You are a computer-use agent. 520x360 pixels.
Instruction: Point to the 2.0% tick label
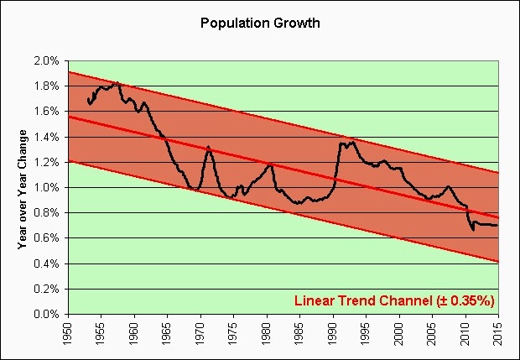click(x=47, y=61)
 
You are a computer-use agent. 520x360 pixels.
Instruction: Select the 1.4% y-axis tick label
click(x=47, y=138)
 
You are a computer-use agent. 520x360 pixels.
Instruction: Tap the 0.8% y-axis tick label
click(x=47, y=213)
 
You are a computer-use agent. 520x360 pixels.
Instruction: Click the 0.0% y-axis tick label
click(x=47, y=315)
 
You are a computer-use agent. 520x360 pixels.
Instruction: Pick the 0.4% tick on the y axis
click(x=47, y=264)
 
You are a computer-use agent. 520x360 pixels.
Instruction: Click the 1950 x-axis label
click(x=68, y=334)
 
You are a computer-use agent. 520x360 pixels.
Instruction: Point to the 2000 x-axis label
click(x=399, y=334)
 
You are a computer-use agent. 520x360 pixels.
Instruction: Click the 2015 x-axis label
click(x=498, y=334)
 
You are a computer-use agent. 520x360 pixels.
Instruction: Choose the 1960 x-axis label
click(x=134, y=334)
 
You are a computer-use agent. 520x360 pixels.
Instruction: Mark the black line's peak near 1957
click(x=117, y=82)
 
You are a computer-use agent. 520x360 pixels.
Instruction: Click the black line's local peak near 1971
click(x=208, y=147)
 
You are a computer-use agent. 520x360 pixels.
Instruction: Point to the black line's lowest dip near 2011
click(x=472, y=229)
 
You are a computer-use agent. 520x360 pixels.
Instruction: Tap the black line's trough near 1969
click(x=197, y=190)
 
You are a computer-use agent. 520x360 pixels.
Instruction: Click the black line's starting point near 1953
click(x=87, y=99)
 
